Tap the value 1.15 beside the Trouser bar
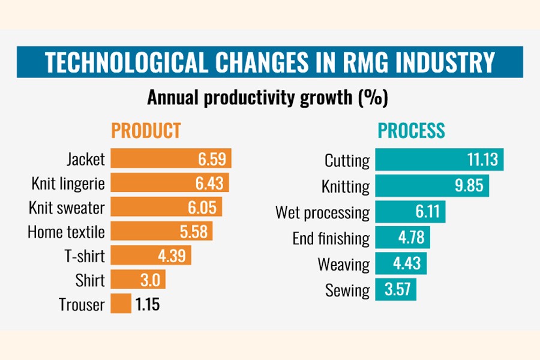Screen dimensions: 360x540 (148, 304)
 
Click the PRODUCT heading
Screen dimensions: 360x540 (146, 130)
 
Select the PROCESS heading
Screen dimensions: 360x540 (411, 130)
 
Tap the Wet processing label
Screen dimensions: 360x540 (323, 212)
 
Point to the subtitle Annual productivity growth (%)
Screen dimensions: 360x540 (268, 97)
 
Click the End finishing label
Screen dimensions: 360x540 (331, 239)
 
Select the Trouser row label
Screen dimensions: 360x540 (82, 305)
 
